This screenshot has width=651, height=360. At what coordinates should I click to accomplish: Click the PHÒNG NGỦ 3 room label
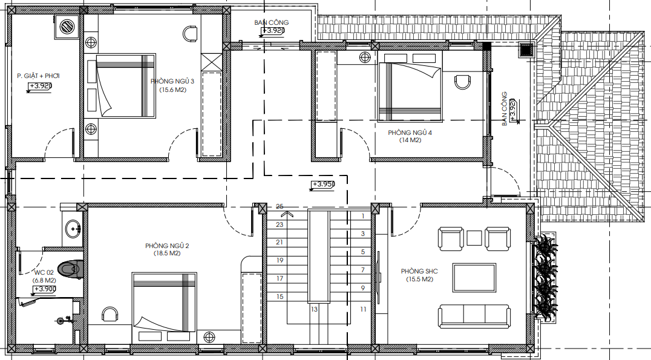click(x=172, y=82)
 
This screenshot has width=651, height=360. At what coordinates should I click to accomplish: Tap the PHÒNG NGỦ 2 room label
click(x=168, y=246)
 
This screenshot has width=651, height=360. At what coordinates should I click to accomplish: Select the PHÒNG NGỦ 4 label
click(x=410, y=133)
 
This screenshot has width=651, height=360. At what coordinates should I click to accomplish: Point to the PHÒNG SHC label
click(x=419, y=271)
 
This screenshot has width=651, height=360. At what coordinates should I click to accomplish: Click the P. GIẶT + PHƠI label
click(x=38, y=76)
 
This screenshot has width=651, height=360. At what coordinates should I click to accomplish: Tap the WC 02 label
click(x=44, y=273)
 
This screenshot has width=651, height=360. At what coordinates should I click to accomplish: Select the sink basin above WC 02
click(x=73, y=228)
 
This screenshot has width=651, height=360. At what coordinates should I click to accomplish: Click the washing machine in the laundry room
click(x=67, y=27)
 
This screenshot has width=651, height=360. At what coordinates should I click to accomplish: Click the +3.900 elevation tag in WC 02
click(x=45, y=289)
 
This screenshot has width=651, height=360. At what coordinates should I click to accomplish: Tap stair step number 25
click(x=280, y=206)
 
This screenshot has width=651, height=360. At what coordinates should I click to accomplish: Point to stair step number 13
click(x=314, y=309)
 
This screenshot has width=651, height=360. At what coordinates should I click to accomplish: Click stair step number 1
click(x=363, y=216)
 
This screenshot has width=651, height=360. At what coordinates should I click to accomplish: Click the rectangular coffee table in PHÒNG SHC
click(x=474, y=278)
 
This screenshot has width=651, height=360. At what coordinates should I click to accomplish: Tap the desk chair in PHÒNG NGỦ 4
click(x=462, y=82)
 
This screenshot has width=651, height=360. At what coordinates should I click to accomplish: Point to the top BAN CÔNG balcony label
click(x=272, y=22)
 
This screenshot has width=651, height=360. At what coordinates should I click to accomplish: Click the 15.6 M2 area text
click(x=172, y=90)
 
